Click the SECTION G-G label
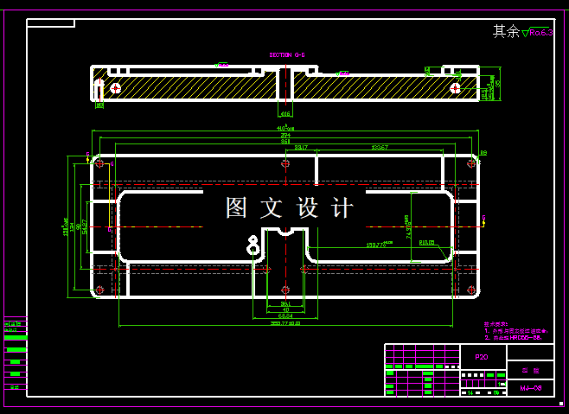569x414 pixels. pos(287,54)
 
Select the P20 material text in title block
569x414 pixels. pos(481,356)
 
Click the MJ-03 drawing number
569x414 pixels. pos(530,388)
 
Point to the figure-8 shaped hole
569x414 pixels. pos(253,245)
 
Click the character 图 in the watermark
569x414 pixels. pos(237,208)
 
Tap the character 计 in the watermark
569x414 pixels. pos(343,208)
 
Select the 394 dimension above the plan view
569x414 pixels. pos(284,136)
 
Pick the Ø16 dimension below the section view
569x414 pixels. pos(284,113)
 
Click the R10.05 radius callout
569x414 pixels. pos(427,243)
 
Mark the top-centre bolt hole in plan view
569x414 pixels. pos(285,162)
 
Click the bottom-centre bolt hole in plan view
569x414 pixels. pos(285,290)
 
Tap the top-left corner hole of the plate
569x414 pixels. pos(99,162)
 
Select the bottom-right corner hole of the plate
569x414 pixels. pos(471,290)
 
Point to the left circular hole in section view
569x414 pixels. pos(115,87)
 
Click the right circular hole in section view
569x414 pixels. pos(455,87)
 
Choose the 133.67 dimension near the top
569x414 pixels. pos(379,148)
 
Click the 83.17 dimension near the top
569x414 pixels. pos(301,148)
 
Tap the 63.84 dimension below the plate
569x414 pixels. pos(284,315)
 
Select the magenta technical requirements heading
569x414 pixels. pos(497,324)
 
